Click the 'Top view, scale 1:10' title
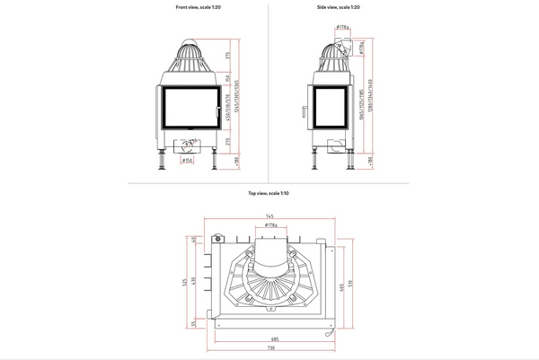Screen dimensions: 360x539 269,194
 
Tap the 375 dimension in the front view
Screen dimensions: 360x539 228,57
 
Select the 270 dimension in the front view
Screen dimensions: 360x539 228,142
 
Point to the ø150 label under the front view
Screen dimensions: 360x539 188,162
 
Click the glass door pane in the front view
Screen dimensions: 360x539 190,107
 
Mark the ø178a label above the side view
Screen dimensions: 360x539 342,28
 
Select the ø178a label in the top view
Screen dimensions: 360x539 270,226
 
